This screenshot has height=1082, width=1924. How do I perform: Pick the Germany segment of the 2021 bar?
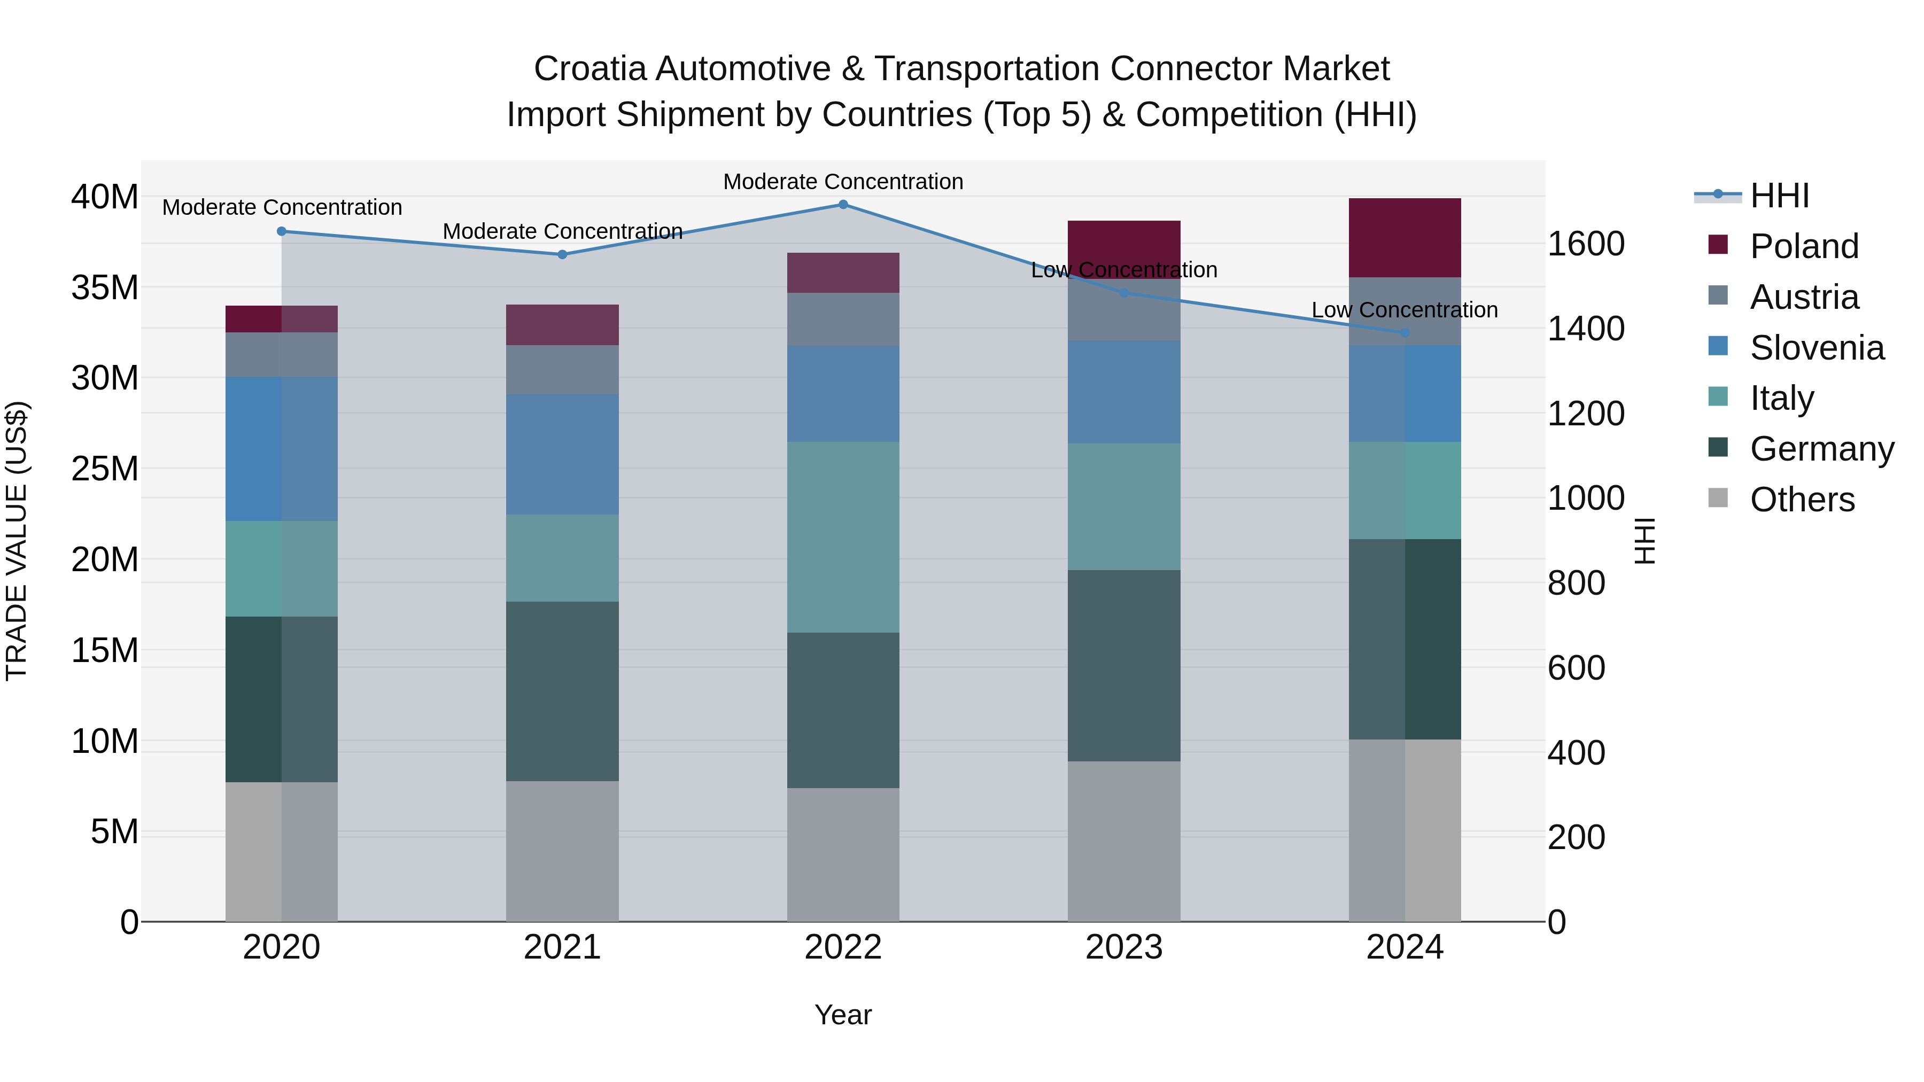tap(562, 691)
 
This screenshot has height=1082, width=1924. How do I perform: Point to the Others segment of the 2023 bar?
tap(1123, 841)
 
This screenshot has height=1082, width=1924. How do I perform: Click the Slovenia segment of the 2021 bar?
tap(562, 454)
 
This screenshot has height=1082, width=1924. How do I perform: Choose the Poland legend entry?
tap(1803, 246)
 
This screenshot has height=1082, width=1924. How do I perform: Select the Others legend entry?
tap(1802, 500)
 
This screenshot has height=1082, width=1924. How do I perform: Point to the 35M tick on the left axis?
tap(105, 287)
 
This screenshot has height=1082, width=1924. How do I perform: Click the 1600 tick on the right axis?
tap(1585, 244)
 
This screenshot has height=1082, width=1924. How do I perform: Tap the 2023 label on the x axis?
tap(1123, 947)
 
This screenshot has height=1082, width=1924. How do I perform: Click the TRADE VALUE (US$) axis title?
tap(17, 541)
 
